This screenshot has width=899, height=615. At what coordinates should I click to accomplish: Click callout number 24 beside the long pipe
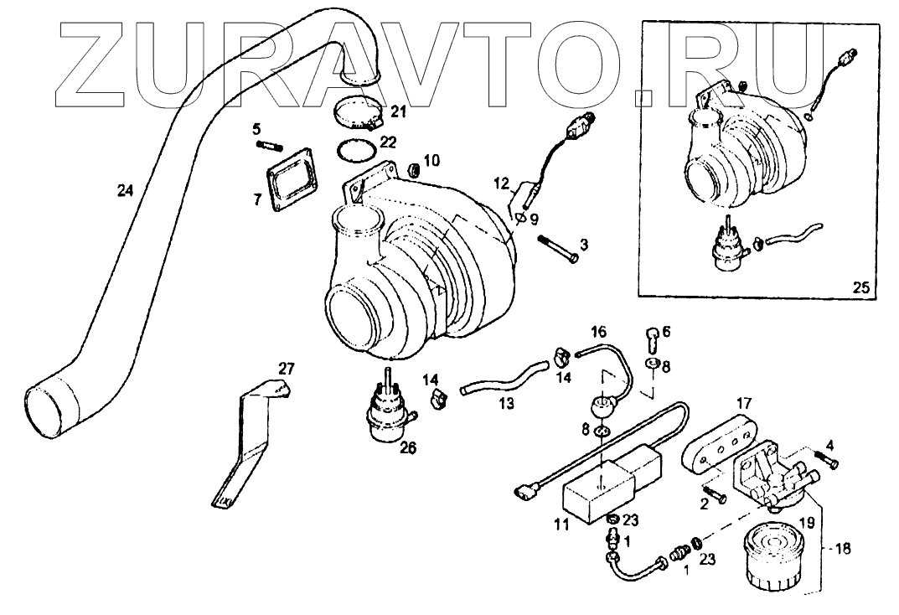pos(125,191)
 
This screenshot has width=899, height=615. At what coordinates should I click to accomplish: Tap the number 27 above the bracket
pos(287,368)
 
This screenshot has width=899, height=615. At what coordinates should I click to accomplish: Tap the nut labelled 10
pos(412,171)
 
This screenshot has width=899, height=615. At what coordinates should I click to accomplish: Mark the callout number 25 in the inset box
pos(862,287)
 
